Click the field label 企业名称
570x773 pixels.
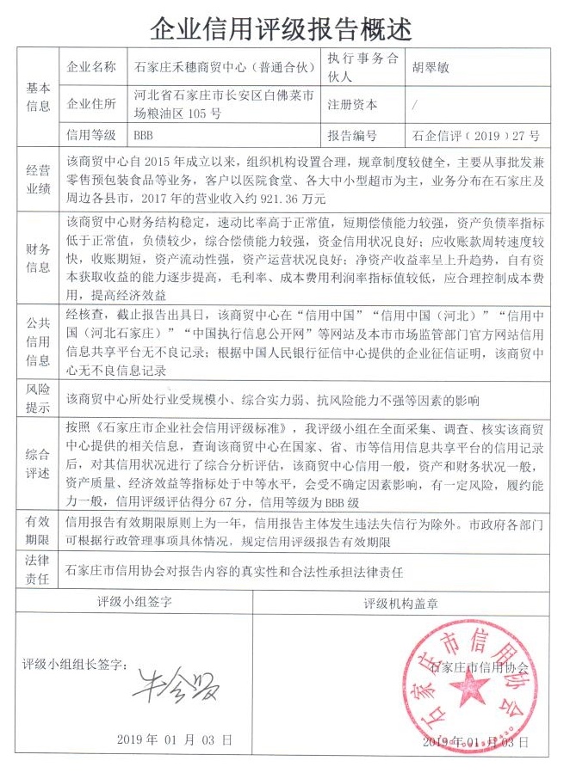click(x=92, y=66)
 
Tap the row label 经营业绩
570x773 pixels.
click(x=39, y=180)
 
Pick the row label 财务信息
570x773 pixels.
click(x=39, y=255)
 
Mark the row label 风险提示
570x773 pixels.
click(x=39, y=398)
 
